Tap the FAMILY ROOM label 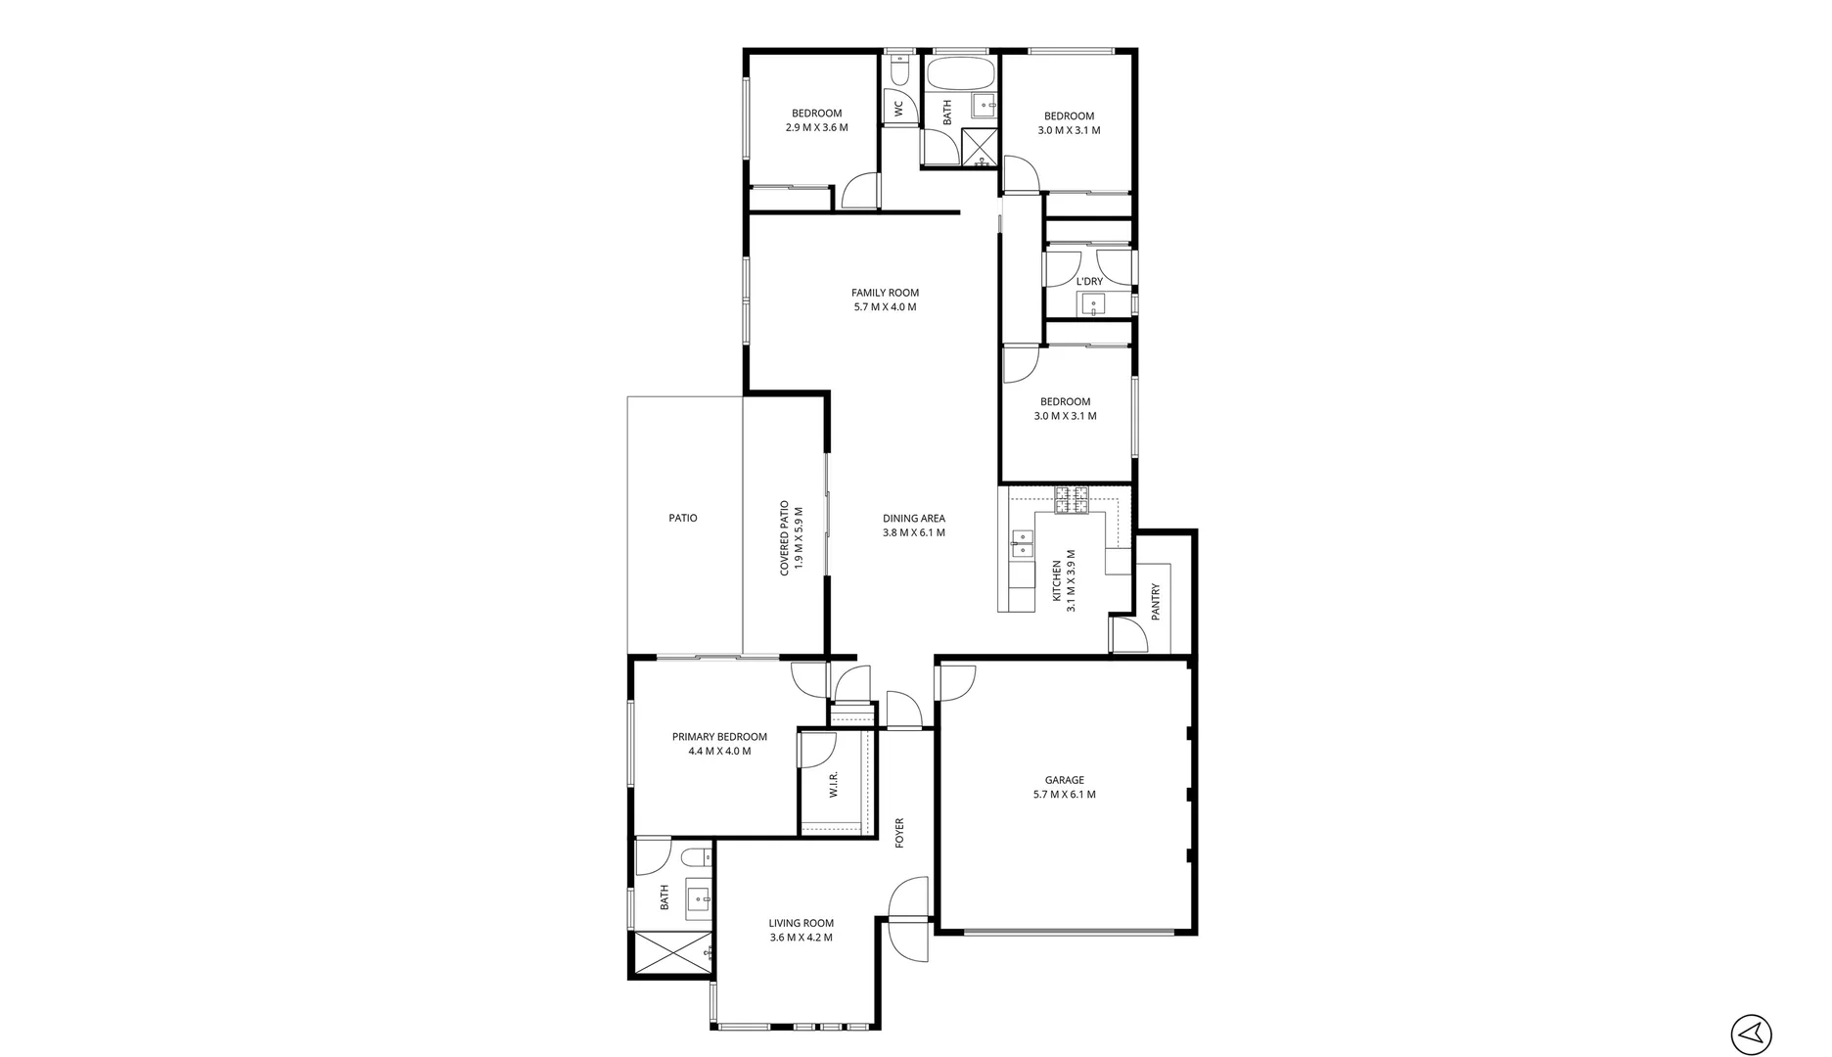click(x=885, y=293)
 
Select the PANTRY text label click(x=1156, y=603)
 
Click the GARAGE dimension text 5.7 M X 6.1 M click(x=1064, y=795)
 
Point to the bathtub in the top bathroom click(x=960, y=73)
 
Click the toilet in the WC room click(x=900, y=69)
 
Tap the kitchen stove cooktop click(x=1071, y=500)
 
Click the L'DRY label click(x=1089, y=282)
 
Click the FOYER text click(x=899, y=833)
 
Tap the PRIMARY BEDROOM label click(x=719, y=737)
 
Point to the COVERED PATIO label click(x=785, y=538)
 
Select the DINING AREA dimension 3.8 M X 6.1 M click(x=913, y=533)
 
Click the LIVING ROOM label click(x=801, y=923)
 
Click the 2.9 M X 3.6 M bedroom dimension click(x=816, y=128)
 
